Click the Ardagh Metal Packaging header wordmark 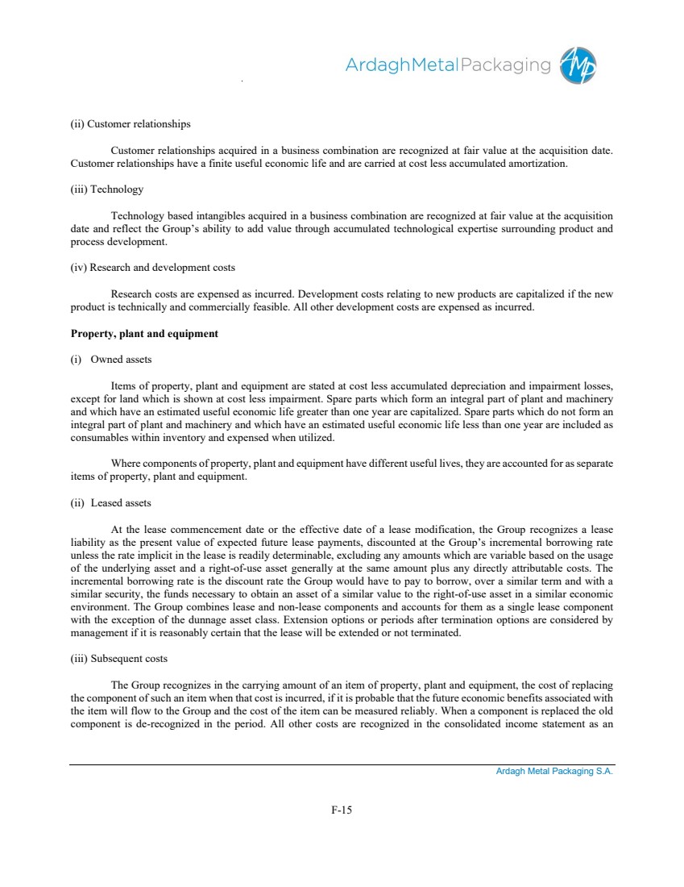[x=448, y=65]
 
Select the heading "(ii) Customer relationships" [x=131, y=124]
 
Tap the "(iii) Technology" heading [x=107, y=189]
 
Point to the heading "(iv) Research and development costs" [x=153, y=268]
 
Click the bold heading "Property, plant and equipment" [x=144, y=333]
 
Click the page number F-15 [x=342, y=810]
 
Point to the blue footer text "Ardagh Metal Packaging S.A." [x=554, y=772]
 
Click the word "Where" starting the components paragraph [x=125, y=464]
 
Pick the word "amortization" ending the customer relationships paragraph [x=540, y=164]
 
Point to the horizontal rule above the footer [x=342, y=764]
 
